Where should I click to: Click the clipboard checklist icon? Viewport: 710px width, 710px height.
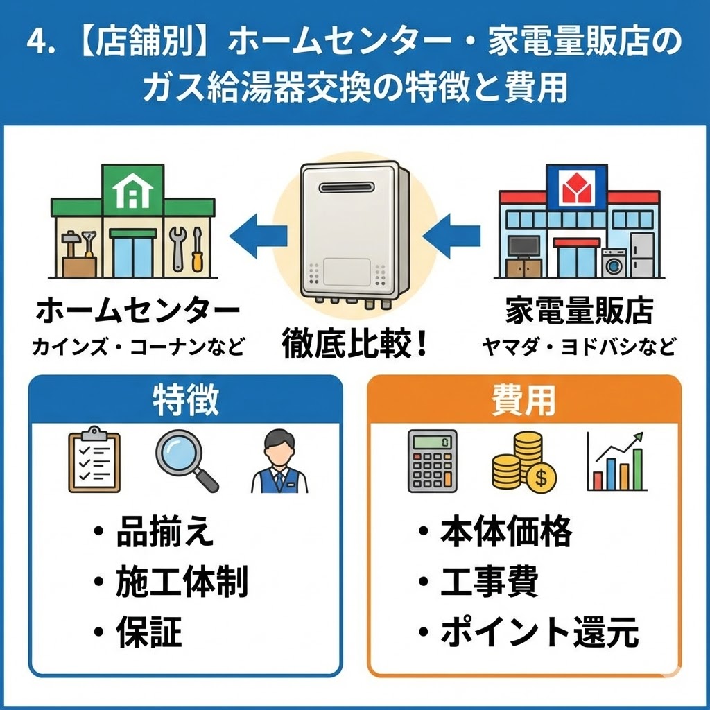click(94, 461)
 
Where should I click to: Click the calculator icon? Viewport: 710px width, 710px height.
click(432, 461)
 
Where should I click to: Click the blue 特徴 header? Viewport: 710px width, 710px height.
click(185, 400)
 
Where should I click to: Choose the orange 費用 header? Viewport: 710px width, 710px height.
click(524, 400)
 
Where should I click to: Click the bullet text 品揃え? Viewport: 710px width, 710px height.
click(165, 532)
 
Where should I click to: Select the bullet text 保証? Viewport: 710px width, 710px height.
click(148, 632)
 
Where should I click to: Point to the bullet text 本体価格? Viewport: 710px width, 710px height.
click(506, 532)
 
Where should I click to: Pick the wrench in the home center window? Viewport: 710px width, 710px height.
click(175, 248)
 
